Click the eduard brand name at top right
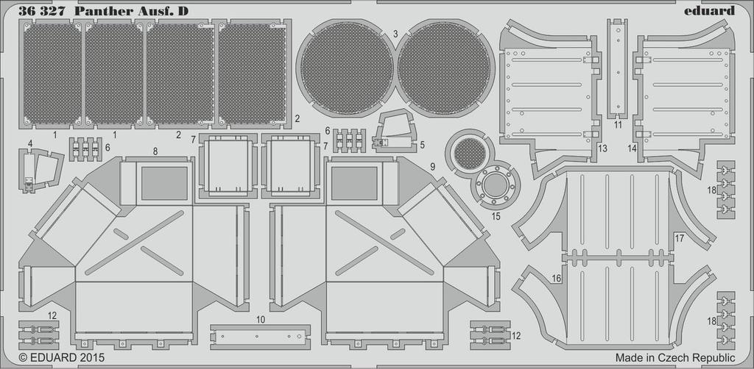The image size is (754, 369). [x=709, y=10]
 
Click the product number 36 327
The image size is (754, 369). [x=42, y=10]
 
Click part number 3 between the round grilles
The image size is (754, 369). [x=395, y=34]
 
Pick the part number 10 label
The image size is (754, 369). [x=261, y=320]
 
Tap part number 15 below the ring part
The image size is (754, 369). [x=495, y=217]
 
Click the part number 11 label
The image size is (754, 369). [x=617, y=125]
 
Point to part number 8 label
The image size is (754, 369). [x=155, y=151]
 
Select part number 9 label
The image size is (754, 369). [x=432, y=166]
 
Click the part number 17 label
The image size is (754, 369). [x=679, y=238]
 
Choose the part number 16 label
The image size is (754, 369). [x=556, y=278]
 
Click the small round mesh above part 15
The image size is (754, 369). [x=470, y=154]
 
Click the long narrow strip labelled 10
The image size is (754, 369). [x=258, y=334]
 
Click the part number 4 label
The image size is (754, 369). [x=30, y=143]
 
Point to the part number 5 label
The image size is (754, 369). [x=422, y=146]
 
